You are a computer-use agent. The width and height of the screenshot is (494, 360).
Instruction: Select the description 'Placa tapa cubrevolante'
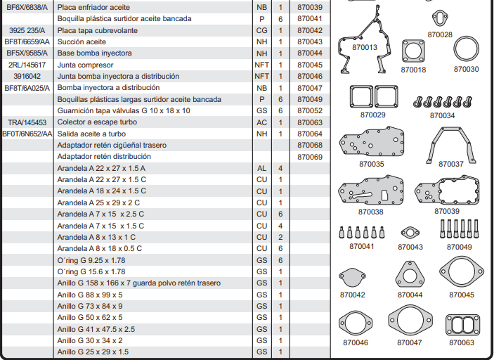[x=97, y=30]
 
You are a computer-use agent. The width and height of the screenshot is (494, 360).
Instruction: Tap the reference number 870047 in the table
[x=309, y=88]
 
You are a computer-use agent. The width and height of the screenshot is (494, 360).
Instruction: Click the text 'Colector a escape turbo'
[x=97, y=122]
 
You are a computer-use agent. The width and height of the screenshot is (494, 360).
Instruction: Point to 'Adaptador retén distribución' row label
[x=103, y=157]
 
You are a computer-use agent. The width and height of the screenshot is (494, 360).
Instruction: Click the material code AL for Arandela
[x=261, y=169]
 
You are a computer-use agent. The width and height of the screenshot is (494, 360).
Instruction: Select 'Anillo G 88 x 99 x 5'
[x=90, y=295]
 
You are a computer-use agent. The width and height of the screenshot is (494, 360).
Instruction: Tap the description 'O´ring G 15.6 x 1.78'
[x=91, y=271]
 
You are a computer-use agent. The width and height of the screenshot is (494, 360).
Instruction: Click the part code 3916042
[x=27, y=76]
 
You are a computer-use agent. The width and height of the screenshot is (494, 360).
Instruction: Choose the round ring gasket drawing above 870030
[x=466, y=51]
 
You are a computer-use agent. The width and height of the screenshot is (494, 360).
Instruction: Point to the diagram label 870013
[x=365, y=48]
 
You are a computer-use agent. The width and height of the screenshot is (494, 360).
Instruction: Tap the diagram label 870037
[x=451, y=164]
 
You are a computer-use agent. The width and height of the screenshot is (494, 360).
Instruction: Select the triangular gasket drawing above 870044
[x=410, y=275]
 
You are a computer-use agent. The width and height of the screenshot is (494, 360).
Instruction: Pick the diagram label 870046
[x=356, y=342]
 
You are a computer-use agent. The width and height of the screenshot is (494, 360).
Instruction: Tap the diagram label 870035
[x=372, y=164]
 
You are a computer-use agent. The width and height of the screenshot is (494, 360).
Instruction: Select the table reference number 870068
[x=309, y=146]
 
